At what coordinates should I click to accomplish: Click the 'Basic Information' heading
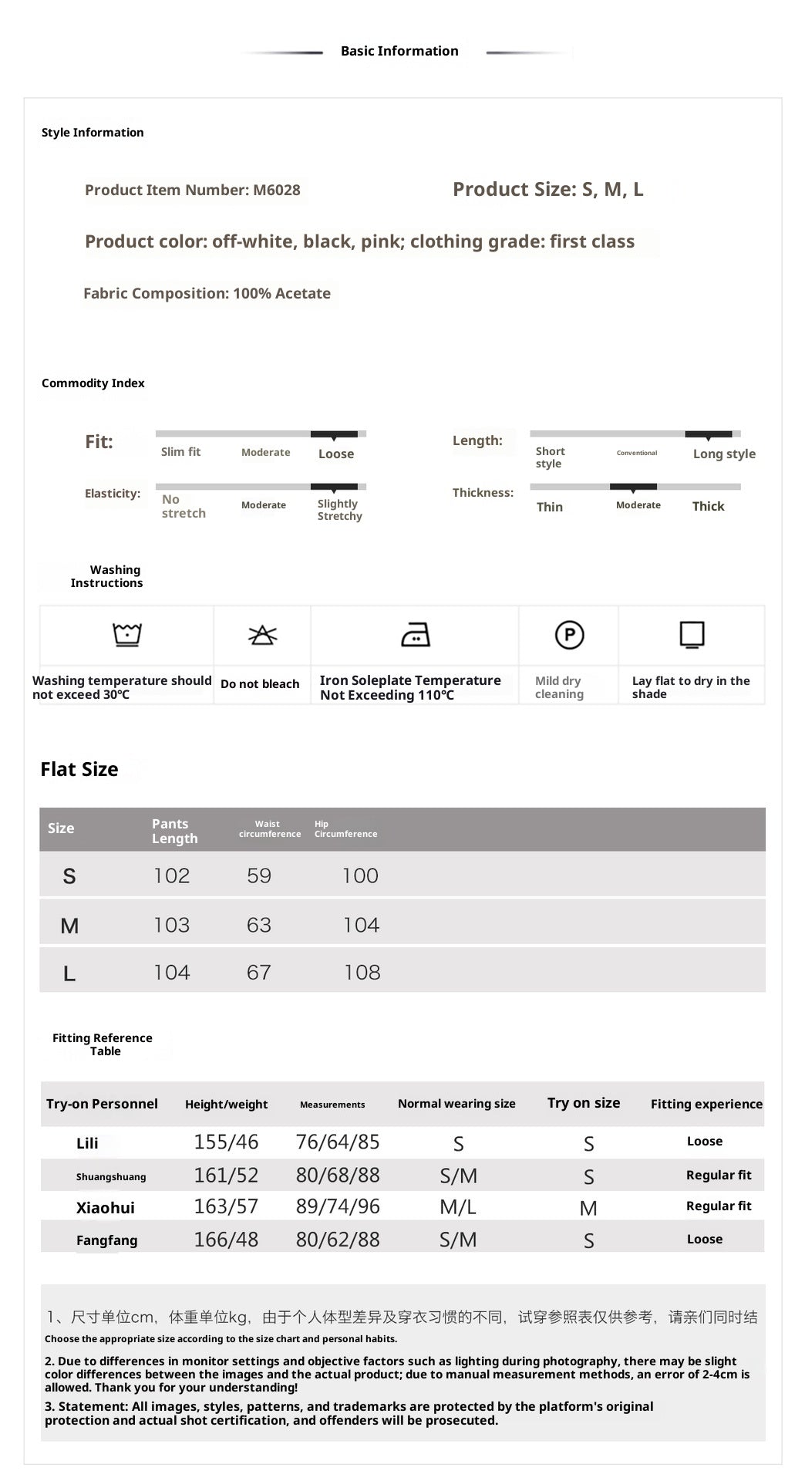(x=399, y=51)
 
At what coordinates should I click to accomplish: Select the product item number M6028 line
(x=193, y=190)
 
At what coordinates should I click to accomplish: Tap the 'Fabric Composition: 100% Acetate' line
(x=207, y=293)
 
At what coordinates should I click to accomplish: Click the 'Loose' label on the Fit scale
(x=336, y=454)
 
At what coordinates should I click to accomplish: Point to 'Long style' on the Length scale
(x=724, y=454)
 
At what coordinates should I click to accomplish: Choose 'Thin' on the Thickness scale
(x=550, y=507)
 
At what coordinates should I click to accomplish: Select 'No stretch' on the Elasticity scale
(x=184, y=506)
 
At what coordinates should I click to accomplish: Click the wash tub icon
(x=127, y=635)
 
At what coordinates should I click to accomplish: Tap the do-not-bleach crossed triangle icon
(x=262, y=635)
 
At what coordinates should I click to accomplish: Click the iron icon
(x=416, y=635)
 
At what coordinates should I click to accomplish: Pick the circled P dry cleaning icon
(x=570, y=635)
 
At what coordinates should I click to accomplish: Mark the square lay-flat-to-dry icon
(x=692, y=635)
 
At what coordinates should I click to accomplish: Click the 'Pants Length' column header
(x=175, y=831)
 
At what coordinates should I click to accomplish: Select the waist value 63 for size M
(x=259, y=925)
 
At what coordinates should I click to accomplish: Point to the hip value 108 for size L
(x=362, y=973)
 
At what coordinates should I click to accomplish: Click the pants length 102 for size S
(x=172, y=875)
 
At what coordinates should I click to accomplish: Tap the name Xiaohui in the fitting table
(x=106, y=1208)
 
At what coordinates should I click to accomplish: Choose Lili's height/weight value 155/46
(x=226, y=1142)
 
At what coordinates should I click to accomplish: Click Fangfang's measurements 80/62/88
(x=338, y=1240)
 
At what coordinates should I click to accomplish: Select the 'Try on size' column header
(x=584, y=1103)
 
